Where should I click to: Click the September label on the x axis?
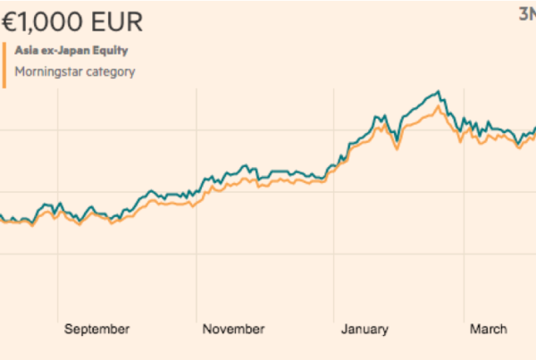click(x=96, y=330)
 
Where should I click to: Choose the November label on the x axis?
click(x=233, y=330)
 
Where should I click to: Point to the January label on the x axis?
click(x=364, y=330)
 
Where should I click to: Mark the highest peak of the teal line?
click(x=438, y=92)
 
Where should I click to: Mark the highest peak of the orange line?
click(x=437, y=107)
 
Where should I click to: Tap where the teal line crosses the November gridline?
click(x=195, y=189)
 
